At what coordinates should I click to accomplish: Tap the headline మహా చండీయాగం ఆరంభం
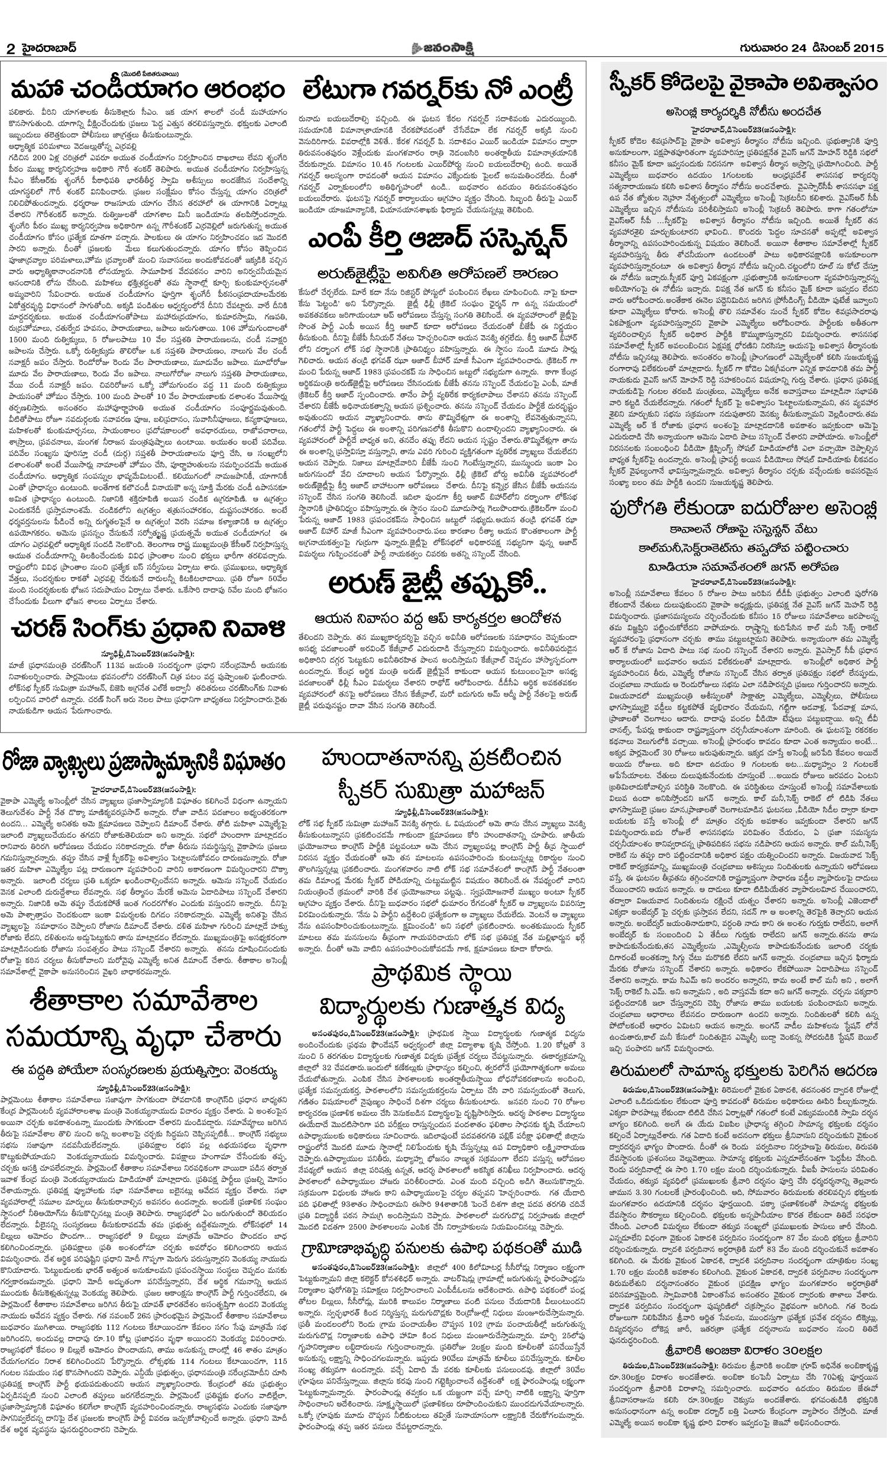(148, 91)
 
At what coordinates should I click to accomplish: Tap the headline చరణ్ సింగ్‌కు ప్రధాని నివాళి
(148, 629)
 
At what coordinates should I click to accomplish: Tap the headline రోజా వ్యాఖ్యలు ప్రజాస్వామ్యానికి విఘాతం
(148, 763)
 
